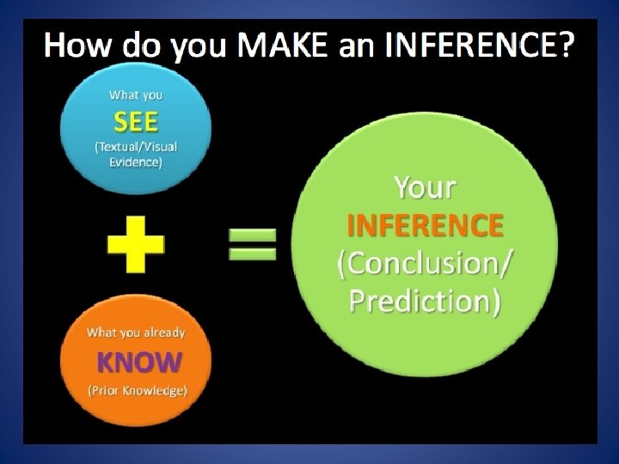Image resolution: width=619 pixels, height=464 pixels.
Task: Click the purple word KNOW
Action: click(x=138, y=362)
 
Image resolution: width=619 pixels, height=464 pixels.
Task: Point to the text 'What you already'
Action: click(x=136, y=332)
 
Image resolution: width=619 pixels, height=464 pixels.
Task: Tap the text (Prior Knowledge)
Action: click(x=138, y=392)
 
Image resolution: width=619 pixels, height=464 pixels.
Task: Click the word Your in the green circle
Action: click(x=425, y=187)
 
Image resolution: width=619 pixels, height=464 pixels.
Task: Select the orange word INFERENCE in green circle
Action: click(x=425, y=225)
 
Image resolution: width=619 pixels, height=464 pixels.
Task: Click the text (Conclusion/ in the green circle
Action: click(x=425, y=264)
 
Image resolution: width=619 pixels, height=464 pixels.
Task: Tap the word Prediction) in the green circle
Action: click(x=425, y=302)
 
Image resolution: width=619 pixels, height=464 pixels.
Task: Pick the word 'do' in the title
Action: click(x=142, y=46)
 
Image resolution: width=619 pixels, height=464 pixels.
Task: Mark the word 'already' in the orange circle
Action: click(x=164, y=332)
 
